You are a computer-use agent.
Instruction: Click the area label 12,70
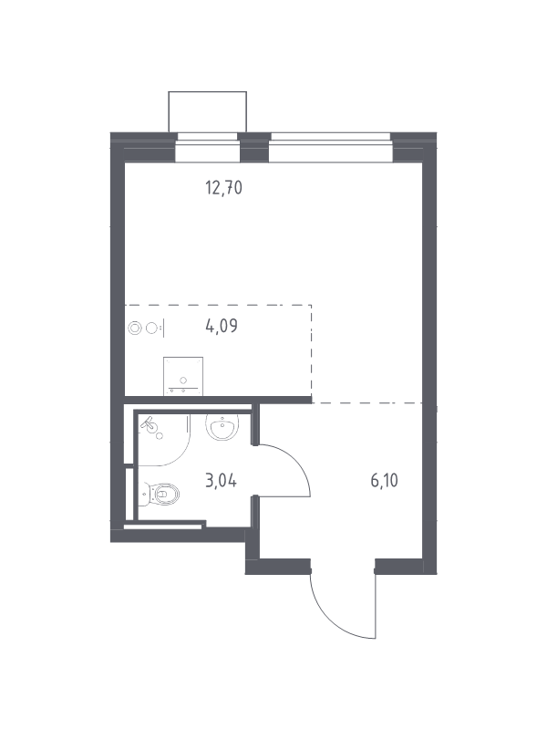coord(223,188)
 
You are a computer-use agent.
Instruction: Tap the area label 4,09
coord(222,326)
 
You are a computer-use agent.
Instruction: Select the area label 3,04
coord(221,481)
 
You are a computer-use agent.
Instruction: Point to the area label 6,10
coord(384,481)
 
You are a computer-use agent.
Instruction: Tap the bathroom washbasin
coord(222,426)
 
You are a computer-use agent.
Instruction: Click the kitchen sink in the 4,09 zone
coord(183,376)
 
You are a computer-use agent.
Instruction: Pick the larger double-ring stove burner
coord(134,328)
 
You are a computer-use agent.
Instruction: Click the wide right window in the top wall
coord(331,147)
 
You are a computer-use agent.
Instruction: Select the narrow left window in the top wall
coord(208,147)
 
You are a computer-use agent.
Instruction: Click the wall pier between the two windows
coord(254,147)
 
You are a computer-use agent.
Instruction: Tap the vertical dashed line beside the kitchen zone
coord(311,351)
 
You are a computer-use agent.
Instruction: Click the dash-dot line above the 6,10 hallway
coord(367,402)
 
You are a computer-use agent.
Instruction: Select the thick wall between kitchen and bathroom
coord(218,400)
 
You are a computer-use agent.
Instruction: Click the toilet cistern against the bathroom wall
coord(144,494)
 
